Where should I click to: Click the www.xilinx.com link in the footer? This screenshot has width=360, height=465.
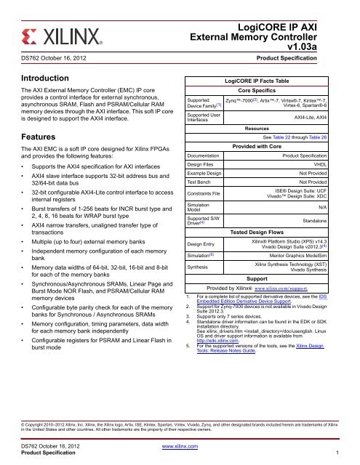pos(180,445)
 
